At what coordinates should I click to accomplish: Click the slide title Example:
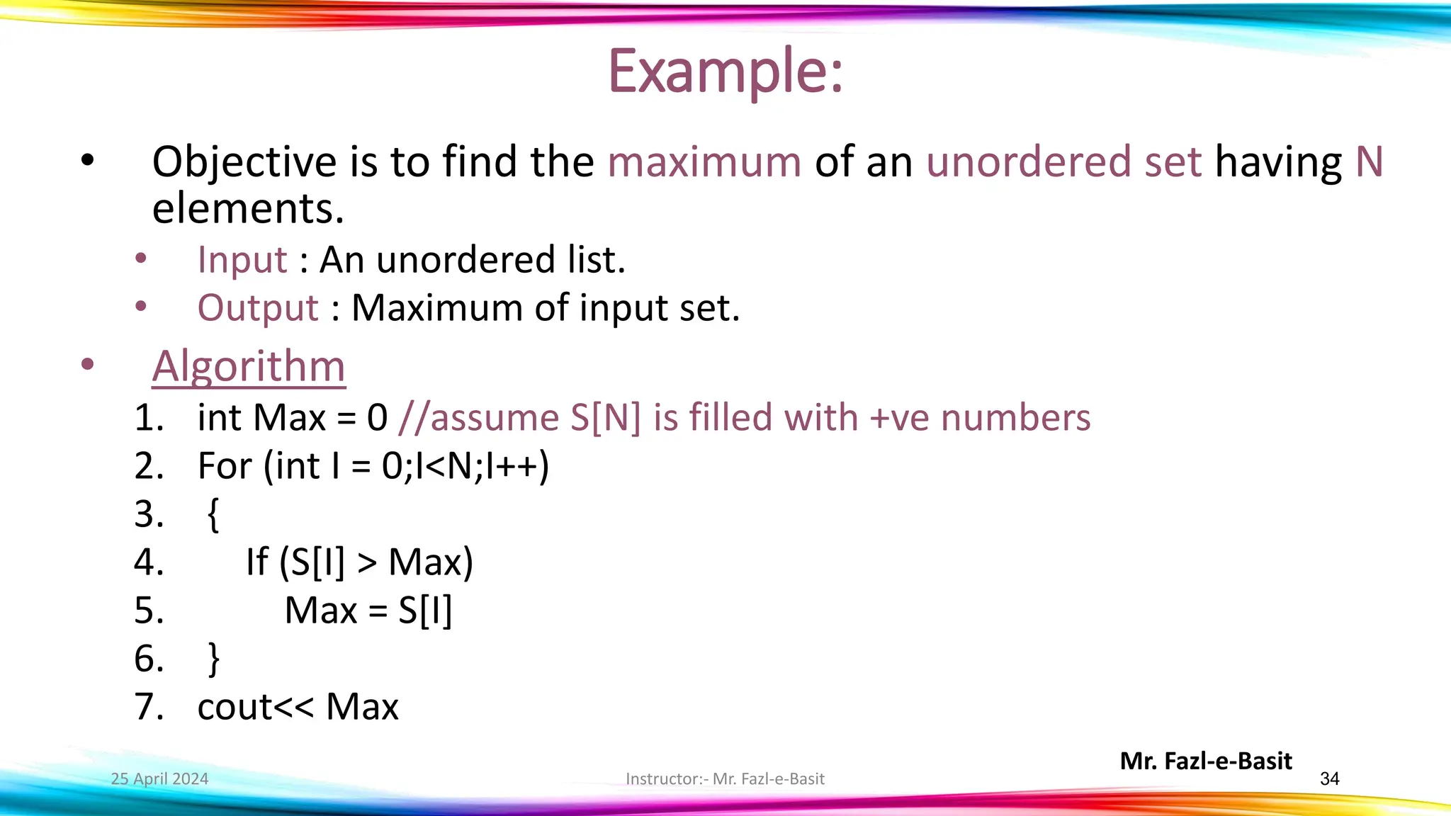tap(725, 71)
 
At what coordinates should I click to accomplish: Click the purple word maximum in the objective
tap(704, 161)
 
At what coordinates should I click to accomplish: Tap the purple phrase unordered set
tap(1063, 161)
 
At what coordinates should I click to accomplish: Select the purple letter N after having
tap(1369, 161)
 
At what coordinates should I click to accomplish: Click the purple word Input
tap(242, 259)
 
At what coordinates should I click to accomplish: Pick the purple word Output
tap(258, 308)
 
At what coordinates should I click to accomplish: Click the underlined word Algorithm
tap(249, 366)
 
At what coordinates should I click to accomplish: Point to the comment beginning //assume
tap(744, 417)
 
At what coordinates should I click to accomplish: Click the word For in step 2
tap(225, 466)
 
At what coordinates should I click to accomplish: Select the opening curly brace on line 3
tap(213, 514)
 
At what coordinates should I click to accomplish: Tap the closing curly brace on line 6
tap(213, 659)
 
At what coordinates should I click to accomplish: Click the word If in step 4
tap(256, 562)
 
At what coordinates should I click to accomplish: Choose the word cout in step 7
tap(233, 707)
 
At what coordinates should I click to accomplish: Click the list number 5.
tap(148, 611)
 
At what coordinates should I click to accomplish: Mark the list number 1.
tap(148, 417)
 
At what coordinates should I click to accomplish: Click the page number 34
tap(1329, 779)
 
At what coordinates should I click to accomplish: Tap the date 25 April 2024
tap(159, 779)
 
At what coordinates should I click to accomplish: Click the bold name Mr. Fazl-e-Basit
tap(1206, 761)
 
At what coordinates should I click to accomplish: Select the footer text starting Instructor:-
tap(725, 779)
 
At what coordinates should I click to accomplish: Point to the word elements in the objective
tap(248, 209)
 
